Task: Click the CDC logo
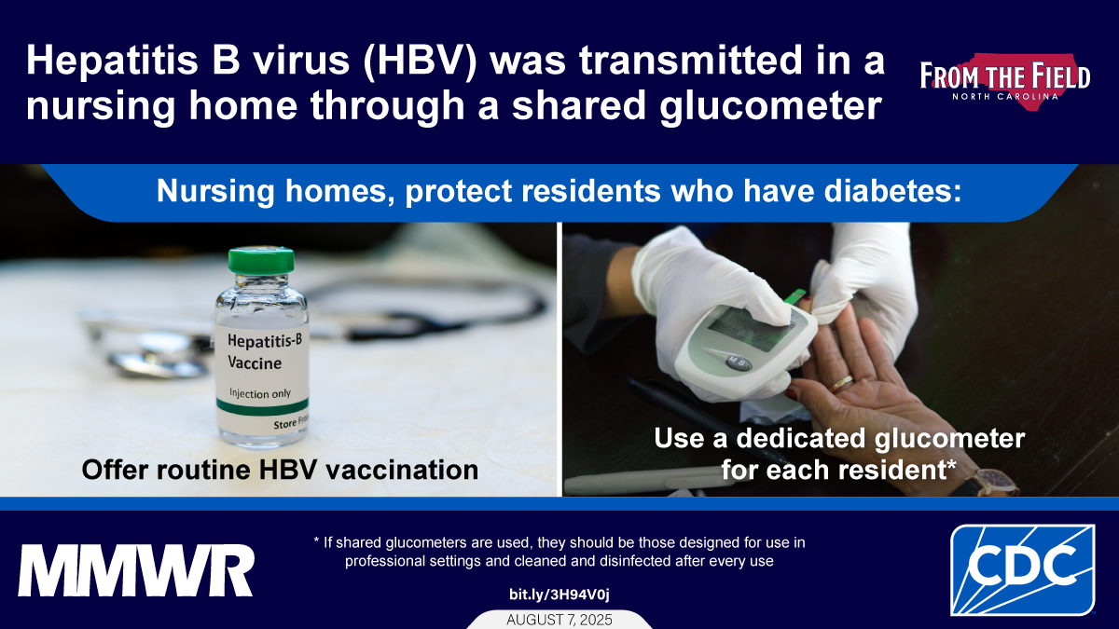(x=1022, y=569)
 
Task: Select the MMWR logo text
(x=136, y=571)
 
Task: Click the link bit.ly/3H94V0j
(x=559, y=595)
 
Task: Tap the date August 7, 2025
(x=559, y=620)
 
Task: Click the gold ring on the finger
(x=843, y=382)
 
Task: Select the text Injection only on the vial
(x=260, y=393)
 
